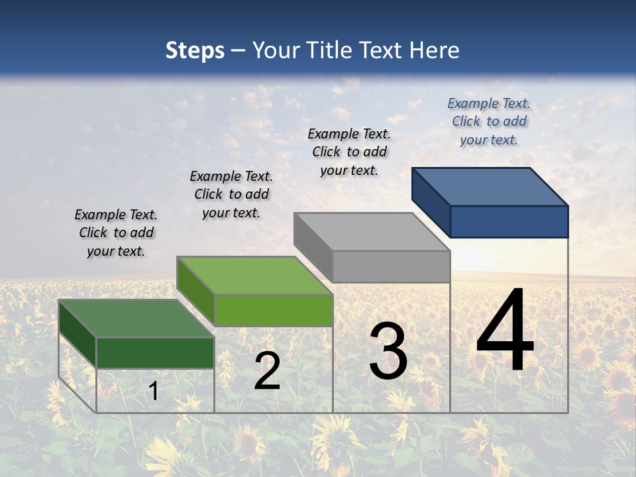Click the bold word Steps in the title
(195, 50)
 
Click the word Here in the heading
(434, 50)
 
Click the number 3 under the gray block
(388, 351)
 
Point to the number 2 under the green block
(267, 371)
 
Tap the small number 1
(154, 391)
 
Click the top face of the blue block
(490, 186)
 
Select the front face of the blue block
(509, 221)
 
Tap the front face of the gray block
(391, 266)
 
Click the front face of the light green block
(274, 310)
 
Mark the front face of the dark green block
(155, 352)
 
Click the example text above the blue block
(489, 121)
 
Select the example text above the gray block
(349, 152)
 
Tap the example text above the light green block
(231, 194)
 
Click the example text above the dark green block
(116, 233)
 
